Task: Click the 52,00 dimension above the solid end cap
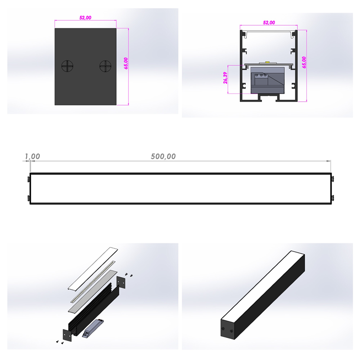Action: (85, 18)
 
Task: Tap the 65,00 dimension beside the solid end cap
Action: (126, 63)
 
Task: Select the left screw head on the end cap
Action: (67, 66)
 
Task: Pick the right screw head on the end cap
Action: (105, 66)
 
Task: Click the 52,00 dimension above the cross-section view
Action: (269, 22)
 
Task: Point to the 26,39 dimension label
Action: (225, 78)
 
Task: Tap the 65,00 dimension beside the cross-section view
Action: (304, 62)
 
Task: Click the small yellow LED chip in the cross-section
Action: (267, 62)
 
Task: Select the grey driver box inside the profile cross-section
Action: (267, 80)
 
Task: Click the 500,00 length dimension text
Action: (163, 156)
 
